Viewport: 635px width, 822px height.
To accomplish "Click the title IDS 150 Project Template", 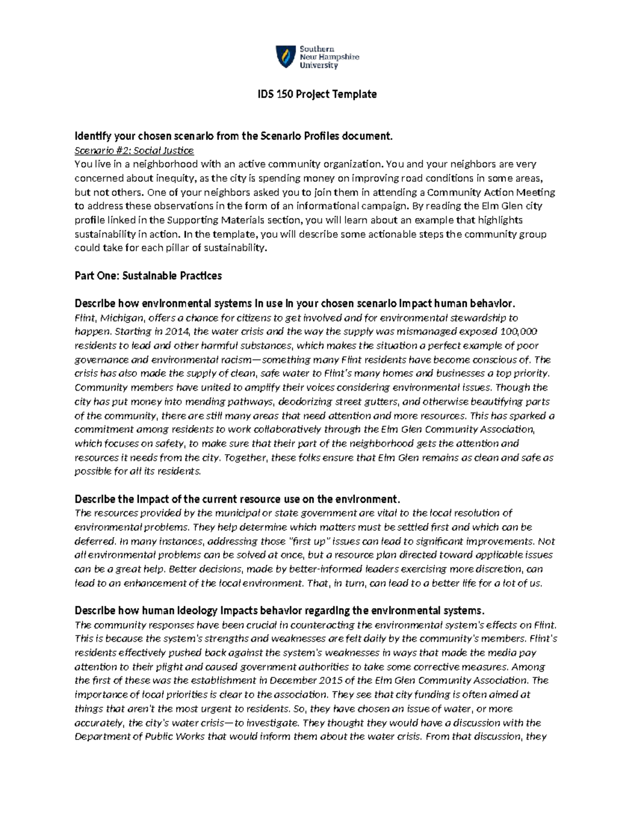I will tap(317, 94).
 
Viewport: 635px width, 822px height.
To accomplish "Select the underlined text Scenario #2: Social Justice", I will tap(134, 150).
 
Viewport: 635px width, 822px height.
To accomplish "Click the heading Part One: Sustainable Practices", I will tap(148, 276).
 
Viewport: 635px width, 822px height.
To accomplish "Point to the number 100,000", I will tap(518, 332).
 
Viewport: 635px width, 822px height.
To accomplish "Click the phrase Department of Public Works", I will tap(140, 737).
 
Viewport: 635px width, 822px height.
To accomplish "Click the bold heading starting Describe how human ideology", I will tap(279, 610).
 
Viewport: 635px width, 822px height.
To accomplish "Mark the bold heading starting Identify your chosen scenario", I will tap(234, 136).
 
